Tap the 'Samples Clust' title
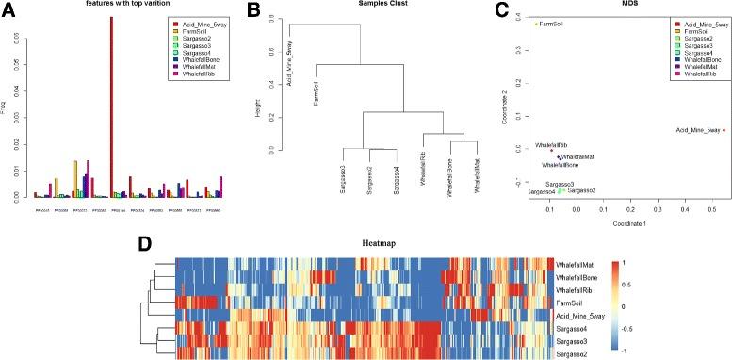click(x=380, y=5)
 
